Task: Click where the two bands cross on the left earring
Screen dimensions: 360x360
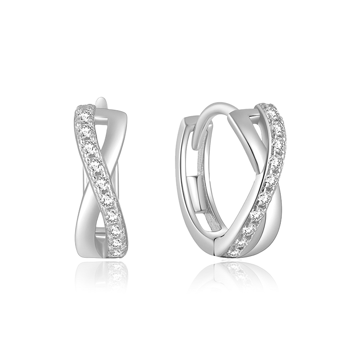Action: (x=100, y=180)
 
